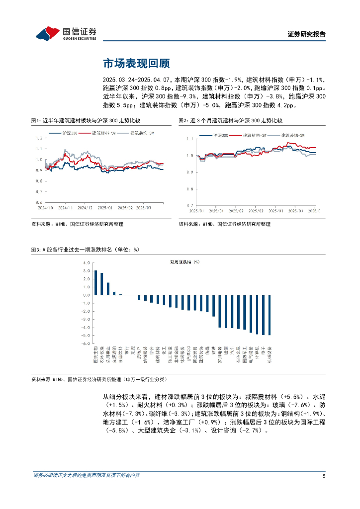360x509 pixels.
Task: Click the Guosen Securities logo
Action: (x=66, y=33)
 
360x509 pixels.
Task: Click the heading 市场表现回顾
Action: (x=136, y=64)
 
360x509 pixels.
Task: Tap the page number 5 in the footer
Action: (x=324, y=476)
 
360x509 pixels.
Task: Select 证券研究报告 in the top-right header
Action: (x=307, y=34)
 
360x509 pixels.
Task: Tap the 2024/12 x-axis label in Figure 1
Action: (x=85, y=208)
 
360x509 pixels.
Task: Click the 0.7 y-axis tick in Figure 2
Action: (x=189, y=205)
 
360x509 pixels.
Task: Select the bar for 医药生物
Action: (x=96, y=282)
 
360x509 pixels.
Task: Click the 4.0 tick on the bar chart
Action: (x=87, y=262)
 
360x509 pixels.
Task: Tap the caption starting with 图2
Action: (x=230, y=120)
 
